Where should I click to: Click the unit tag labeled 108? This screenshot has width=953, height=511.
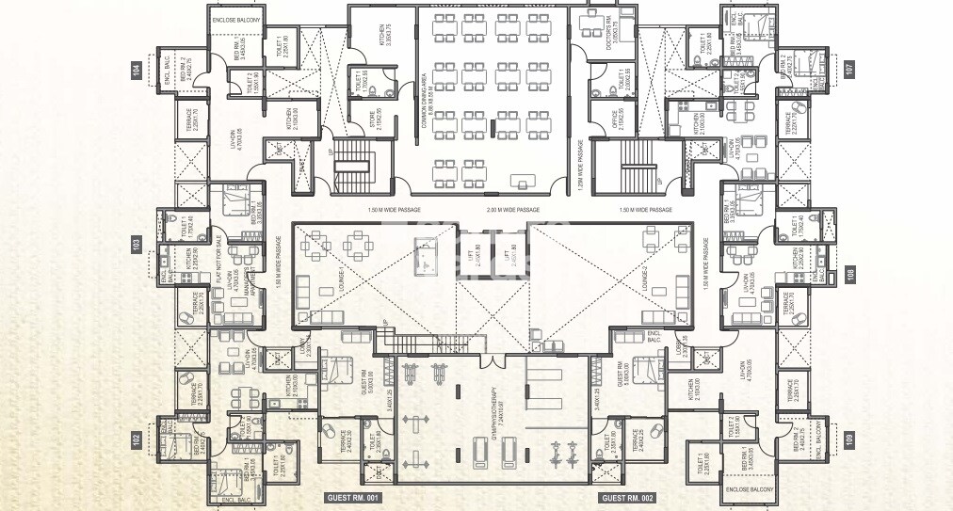tap(850, 276)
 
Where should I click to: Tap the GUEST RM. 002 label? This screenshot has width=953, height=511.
tap(627, 496)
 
